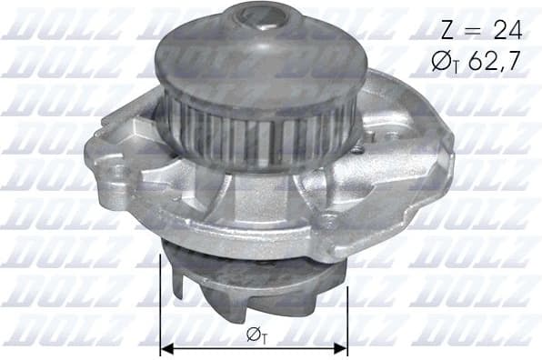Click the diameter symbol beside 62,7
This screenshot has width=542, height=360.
tap(446, 62)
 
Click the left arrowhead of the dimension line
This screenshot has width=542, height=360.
tap(166, 347)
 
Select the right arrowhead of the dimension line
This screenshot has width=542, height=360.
tap(341, 347)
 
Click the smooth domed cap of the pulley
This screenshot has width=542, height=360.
tap(246, 55)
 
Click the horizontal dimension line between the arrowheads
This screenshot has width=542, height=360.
tap(209, 347)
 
